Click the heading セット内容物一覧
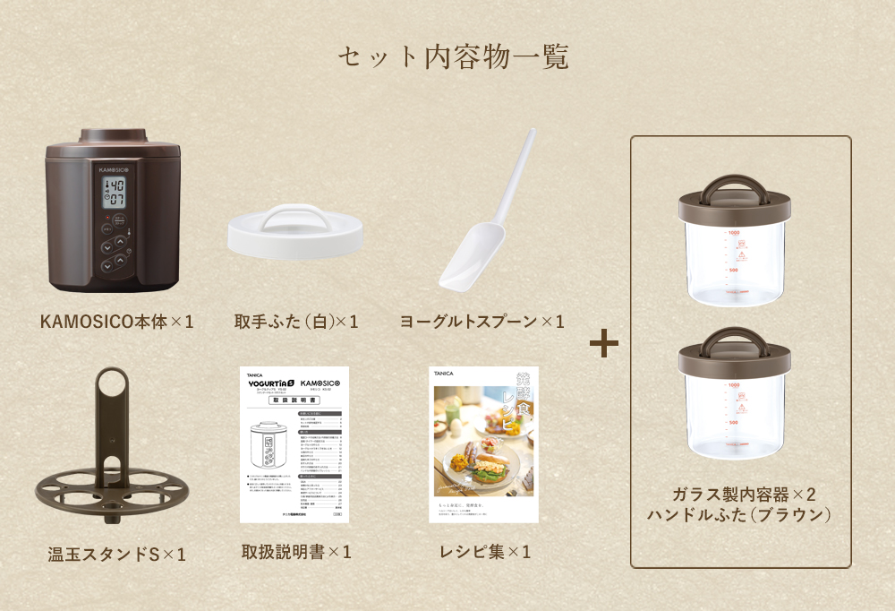[453, 56]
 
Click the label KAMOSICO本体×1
[116, 321]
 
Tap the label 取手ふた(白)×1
[295, 321]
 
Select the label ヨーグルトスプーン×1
[482, 321]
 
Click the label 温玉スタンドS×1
[116, 554]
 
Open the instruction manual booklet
[294, 445]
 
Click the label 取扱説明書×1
[295, 552]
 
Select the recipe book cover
[483, 445]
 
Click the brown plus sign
[604, 342]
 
